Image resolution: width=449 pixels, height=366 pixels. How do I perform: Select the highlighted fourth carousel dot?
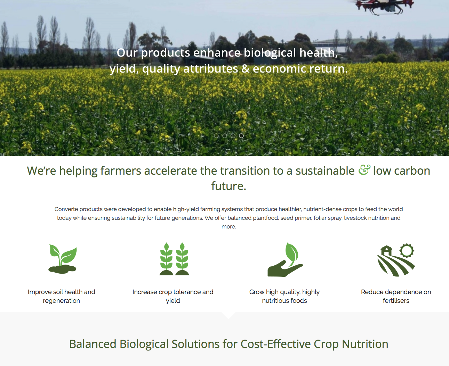241,136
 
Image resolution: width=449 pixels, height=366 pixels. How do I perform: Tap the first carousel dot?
216,136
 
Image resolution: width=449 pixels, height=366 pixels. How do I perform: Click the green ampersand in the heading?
364,170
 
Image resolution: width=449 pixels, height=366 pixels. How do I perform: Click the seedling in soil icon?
62,259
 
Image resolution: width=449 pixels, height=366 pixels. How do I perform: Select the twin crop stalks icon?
174,259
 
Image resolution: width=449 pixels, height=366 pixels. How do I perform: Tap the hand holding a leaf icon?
285,260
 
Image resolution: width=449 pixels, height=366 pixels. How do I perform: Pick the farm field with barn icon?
396,260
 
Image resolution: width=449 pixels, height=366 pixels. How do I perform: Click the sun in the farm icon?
407,251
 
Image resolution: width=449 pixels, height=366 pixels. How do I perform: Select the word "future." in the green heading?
228,186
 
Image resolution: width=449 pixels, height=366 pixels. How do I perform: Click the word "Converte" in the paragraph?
66,209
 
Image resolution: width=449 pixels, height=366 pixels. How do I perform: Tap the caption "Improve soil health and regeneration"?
61,296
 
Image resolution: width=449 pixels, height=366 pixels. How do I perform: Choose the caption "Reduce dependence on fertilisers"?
396,296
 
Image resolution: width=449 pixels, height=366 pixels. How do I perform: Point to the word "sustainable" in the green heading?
325,170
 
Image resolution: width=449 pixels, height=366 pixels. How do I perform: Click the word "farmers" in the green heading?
121,170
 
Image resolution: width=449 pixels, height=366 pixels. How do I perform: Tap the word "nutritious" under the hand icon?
275,300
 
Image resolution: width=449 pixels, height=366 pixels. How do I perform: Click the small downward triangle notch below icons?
228,315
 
